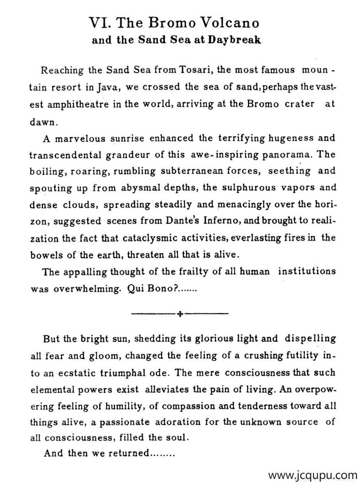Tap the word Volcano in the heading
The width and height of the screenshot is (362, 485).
[230, 23]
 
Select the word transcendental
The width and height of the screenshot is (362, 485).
[65, 155]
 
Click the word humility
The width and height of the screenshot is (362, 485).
[125, 406]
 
